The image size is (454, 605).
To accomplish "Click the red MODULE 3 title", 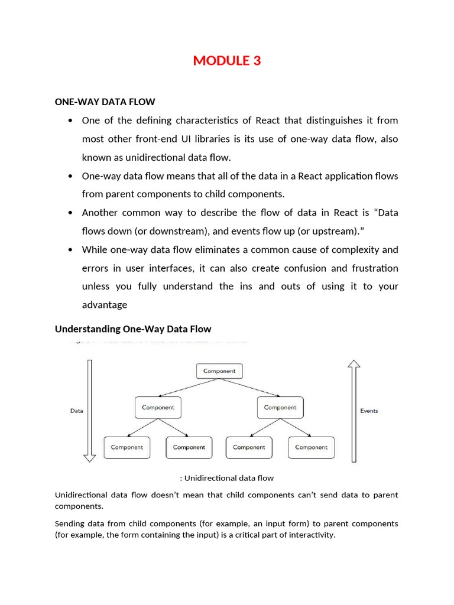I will click(x=226, y=60).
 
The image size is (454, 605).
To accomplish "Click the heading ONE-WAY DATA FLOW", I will click(x=105, y=102).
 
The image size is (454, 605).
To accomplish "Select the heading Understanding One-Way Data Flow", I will click(x=133, y=328).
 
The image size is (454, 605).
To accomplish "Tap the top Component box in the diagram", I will click(x=219, y=371).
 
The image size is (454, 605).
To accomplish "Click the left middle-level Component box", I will click(x=158, y=407).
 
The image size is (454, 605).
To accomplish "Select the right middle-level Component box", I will click(x=280, y=407).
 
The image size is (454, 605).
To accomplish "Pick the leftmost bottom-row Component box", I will click(x=127, y=447).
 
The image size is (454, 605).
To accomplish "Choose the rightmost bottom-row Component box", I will click(x=311, y=447).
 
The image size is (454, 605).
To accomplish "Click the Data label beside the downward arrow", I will click(x=77, y=411).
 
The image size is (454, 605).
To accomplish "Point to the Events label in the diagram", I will click(x=369, y=411).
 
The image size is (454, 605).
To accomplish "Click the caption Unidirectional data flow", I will click(x=226, y=478).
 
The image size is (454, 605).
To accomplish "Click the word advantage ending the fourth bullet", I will click(x=105, y=305).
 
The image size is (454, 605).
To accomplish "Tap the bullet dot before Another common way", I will click(x=70, y=213).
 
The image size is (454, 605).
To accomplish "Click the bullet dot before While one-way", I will click(x=70, y=249).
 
